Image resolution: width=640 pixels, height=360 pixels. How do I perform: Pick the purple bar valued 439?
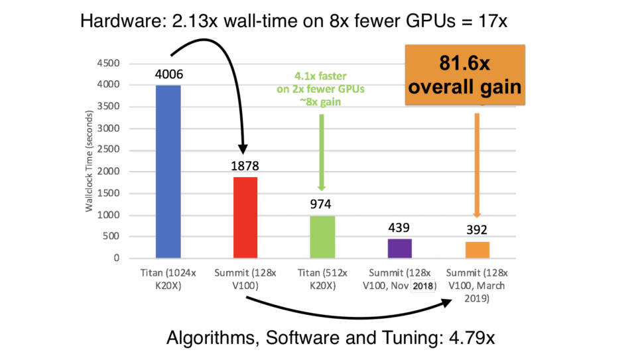(399, 248)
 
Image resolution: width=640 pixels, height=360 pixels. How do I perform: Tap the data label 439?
(399, 228)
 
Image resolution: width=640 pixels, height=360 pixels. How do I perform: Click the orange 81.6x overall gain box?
(464, 75)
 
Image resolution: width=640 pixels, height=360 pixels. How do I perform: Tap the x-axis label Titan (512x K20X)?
(321, 278)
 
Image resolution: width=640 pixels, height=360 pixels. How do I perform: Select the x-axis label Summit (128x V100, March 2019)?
(476, 285)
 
